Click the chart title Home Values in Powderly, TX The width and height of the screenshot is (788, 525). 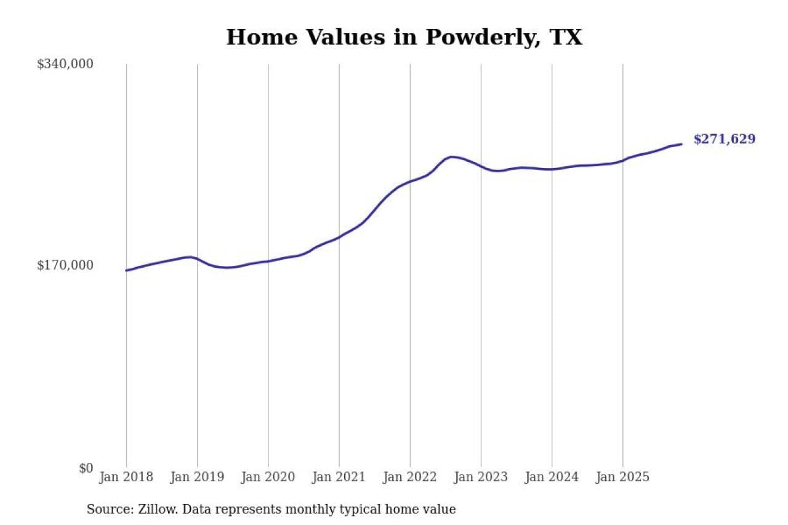tap(404, 38)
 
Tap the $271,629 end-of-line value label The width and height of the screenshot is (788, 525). tap(724, 139)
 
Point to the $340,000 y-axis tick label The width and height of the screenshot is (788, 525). tap(65, 64)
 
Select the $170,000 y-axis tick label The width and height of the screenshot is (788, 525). tap(65, 265)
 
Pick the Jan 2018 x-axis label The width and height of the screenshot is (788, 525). tap(126, 477)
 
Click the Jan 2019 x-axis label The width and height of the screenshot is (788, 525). tap(197, 477)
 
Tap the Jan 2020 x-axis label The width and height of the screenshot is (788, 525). tap(268, 477)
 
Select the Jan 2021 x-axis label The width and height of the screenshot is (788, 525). tap(339, 477)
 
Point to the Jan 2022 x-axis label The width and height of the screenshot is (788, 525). tap(409, 477)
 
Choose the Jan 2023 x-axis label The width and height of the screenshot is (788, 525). tap(481, 477)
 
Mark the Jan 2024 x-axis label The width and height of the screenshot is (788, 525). tap(552, 477)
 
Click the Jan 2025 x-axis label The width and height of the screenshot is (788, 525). tap(622, 477)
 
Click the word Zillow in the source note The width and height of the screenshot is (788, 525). tap(154, 510)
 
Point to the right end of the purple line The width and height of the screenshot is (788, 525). tap(681, 144)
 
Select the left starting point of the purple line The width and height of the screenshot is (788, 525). tap(126, 270)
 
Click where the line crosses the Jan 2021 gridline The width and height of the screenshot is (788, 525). tap(339, 237)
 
